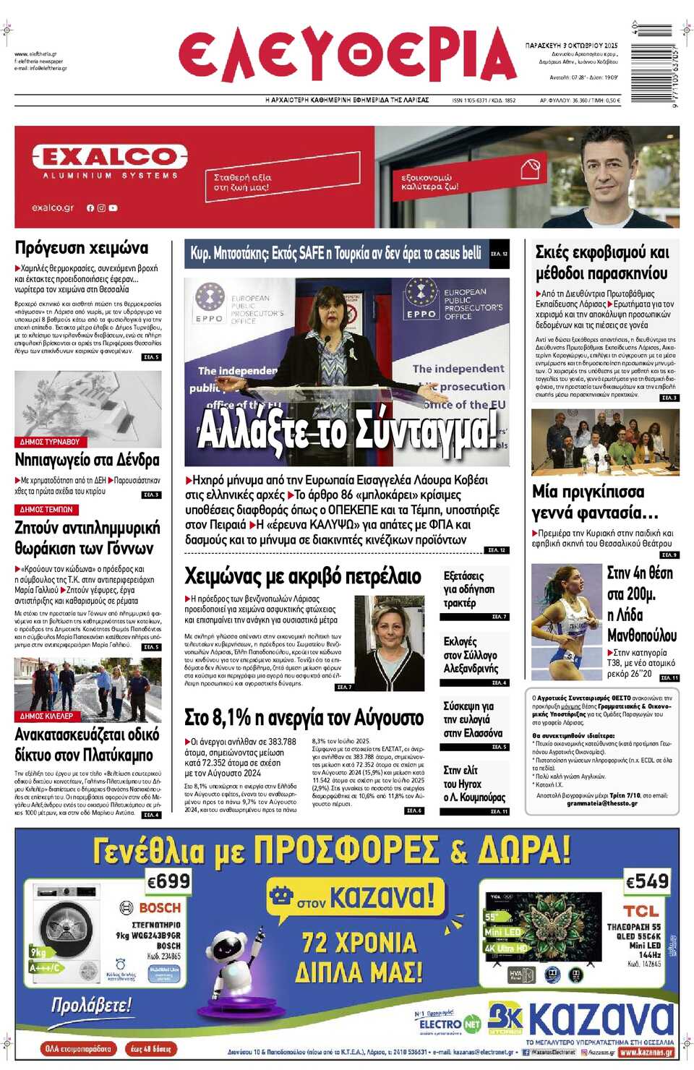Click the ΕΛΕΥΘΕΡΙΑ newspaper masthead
click(x=347, y=55)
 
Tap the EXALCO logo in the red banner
click(x=110, y=157)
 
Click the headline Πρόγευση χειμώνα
click(x=82, y=248)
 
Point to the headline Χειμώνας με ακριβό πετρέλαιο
click(x=303, y=576)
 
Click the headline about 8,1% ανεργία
click(x=304, y=718)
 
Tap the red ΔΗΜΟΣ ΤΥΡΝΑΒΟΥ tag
click(x=50, y=442)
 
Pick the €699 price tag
click(x=168, y=881)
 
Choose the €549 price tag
click(x=647, y=881)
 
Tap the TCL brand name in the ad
click(x=641, y=911)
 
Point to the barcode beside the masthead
click(x=654, y=65)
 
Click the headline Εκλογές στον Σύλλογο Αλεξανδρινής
click(x=471, y=655)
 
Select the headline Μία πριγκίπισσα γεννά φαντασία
click(x=595, y=502)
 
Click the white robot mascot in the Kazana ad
click(x=235, y=955)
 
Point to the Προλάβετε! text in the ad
click(x=92, y=1005)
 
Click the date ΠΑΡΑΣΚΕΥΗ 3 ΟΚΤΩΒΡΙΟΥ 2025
click(x=571, y=46)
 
